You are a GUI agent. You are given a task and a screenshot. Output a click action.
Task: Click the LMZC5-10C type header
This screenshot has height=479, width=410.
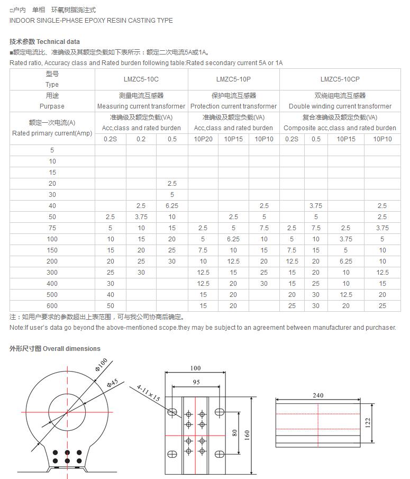[x=141, y=79]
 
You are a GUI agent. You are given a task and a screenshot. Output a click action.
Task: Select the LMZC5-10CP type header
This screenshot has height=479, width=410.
[x=340, y=79]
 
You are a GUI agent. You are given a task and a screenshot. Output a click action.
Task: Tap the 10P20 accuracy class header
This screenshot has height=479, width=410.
[x=203, y=139]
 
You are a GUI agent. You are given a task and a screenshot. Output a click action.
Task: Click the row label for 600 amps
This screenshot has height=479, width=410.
[x=52, y=306]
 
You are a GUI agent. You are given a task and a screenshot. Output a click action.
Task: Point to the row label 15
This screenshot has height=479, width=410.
[x=52, y=173]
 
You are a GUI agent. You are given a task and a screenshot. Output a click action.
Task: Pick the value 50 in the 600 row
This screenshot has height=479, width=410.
[x=111, y=306]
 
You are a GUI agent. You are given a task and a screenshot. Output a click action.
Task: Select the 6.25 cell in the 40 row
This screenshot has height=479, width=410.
[x=172, y=206]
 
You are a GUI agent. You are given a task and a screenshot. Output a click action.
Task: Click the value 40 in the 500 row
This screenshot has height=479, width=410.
[x=111, y=295]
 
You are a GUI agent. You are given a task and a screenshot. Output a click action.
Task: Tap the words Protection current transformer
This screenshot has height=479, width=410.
[x=233, y=106]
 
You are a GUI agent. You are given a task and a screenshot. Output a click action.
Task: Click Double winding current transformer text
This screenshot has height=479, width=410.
[x=340, y=106]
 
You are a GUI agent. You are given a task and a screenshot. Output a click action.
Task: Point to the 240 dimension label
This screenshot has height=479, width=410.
[x=318, y=395]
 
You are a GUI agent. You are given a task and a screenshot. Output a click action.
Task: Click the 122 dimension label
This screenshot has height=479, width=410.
[x=368, y=422]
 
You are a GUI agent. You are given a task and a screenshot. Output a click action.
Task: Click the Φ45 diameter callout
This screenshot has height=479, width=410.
[x=112, y=384]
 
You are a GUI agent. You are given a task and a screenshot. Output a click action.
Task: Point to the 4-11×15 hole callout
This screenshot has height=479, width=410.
[x=148, y=393]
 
